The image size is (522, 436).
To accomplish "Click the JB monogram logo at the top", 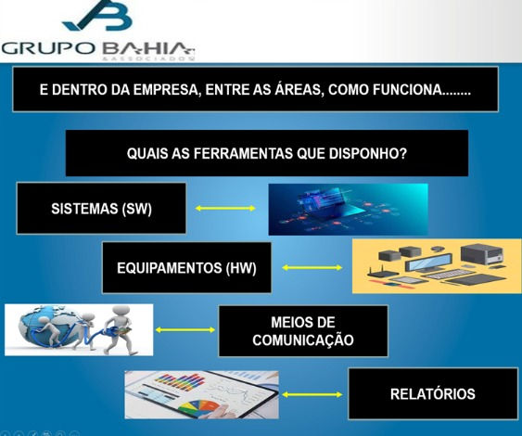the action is point(98,16).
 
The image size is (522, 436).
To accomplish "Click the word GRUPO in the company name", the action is point(48,48).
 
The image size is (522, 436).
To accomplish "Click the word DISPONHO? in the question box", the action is point(368,154).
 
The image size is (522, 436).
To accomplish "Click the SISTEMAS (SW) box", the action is point(101,208).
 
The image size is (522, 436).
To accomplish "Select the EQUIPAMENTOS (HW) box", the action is point(186,268).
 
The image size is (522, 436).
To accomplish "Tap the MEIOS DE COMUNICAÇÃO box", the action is point(303,331).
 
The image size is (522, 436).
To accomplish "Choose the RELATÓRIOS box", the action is point(433,393).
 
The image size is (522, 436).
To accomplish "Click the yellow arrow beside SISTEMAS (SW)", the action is point(225,209).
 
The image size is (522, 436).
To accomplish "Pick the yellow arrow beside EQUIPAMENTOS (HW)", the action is point(312,267).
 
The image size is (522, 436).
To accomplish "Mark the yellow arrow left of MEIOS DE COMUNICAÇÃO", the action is point(185,329).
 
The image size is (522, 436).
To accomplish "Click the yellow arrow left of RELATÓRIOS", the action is point(312,394).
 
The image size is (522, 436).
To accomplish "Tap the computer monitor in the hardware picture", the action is point(428,263).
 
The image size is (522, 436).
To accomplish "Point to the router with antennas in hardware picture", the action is point(382,272).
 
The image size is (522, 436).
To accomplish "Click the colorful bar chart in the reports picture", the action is point(180,382).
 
